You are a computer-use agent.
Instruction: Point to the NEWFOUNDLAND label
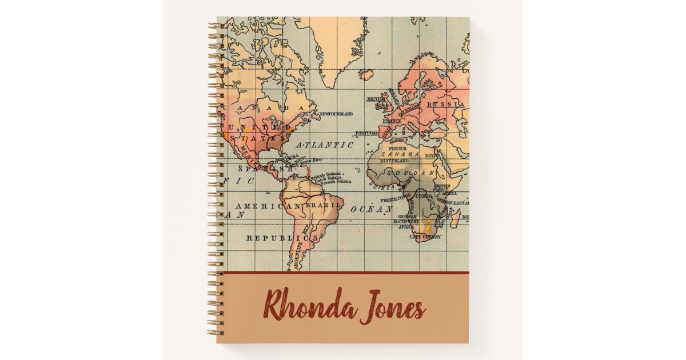point(336,114)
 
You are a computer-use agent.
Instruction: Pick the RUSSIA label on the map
point(446,105)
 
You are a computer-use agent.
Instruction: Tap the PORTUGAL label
point(366,133)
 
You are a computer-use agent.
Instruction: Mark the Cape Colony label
point(425,237)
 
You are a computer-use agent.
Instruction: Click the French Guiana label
point(336,183)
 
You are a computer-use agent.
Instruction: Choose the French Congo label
point(396,199)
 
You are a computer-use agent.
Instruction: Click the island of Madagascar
point(455,217)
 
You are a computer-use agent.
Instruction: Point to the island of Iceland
point(366,74)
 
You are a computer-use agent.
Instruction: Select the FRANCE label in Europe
point(392,121)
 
